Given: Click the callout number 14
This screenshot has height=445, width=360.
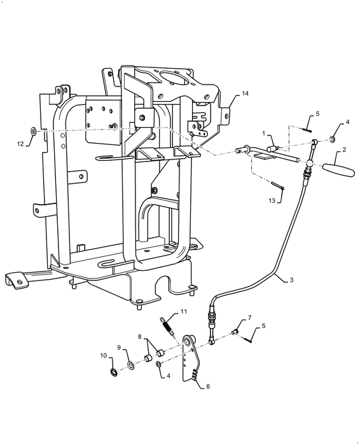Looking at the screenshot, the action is [x=245, y=93].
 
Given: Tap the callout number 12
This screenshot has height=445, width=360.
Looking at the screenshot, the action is [x=20, y=144].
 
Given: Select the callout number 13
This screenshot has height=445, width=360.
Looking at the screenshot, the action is [x=272, y=201].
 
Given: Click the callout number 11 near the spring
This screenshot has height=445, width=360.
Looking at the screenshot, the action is [x=184, y=311].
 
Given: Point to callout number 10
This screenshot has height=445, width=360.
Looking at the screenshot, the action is [x=103, y=355].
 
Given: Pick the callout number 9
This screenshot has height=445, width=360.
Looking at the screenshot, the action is [x=119, y=347].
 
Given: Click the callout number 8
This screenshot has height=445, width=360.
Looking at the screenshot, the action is [x=140, y=336].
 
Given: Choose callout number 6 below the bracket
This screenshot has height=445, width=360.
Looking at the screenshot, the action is [x=208, y=387].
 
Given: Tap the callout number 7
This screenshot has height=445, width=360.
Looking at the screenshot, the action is [x=250, y=317].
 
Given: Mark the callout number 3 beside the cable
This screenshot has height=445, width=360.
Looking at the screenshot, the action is [x=291, y=280].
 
